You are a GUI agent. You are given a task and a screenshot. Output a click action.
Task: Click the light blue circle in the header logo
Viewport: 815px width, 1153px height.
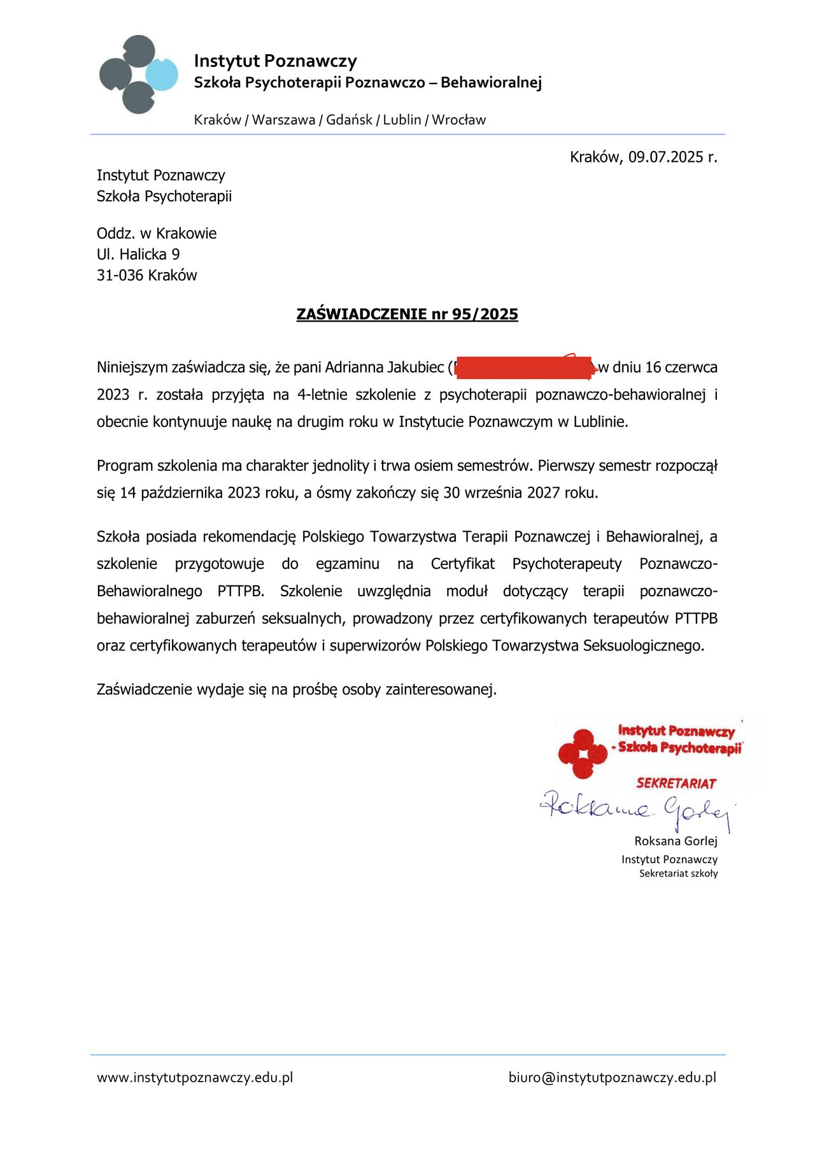162,74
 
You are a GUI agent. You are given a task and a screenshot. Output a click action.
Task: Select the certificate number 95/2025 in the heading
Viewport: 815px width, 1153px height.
485,314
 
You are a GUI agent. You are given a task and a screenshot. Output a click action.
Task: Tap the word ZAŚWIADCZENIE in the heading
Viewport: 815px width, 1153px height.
362,314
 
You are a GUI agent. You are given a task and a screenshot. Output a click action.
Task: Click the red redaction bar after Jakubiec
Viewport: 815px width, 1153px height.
522,368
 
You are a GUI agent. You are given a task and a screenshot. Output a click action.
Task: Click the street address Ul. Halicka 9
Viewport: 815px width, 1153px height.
138,254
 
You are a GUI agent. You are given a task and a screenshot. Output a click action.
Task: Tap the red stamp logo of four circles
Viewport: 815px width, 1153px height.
582,754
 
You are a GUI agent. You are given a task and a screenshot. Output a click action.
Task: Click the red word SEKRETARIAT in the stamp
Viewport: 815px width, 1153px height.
676,784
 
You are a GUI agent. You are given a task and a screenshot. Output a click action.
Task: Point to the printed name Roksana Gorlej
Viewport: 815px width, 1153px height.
676,841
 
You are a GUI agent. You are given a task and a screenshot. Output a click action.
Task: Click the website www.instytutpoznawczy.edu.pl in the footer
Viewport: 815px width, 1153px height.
195,1077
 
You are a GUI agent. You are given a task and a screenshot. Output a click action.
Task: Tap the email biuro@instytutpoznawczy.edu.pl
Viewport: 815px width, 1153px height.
613,1077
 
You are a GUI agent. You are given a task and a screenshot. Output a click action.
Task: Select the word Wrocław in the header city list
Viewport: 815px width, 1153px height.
458,120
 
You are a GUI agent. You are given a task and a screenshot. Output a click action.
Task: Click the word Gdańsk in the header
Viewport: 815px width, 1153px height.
349,120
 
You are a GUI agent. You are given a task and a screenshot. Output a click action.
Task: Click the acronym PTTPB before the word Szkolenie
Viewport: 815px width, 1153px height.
241,591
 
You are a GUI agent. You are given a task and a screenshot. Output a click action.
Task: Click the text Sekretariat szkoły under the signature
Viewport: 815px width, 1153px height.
678,873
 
